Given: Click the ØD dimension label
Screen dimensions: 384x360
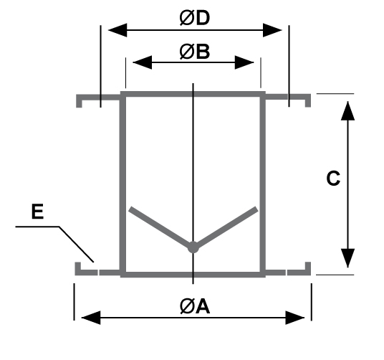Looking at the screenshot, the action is pyautogui.click(x=195, y=18).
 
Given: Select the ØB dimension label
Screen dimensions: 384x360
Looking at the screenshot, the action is pyautogui.click(x=195, y=52).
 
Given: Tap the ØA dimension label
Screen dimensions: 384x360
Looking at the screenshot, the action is pyautogui.click(x=195, y=306).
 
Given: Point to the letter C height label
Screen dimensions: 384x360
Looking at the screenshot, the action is pyautogui.click(x=333, y=178).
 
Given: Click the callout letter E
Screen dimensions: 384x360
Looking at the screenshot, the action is pyautogui.click(x=37, y=212).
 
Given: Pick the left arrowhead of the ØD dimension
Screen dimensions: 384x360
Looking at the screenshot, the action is pyautogui.click(x=117, y=30).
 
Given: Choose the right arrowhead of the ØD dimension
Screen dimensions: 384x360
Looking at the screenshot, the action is pyautogui.click(x=272, y=30).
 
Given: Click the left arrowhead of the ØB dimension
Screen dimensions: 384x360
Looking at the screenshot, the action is pyautogui.click(x=142, y=62).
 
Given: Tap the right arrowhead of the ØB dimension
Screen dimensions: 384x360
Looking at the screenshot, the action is pyautogui.click(x=244, y=62).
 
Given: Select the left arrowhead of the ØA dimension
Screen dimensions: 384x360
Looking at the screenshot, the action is pyautogui.click(x=91, y=318).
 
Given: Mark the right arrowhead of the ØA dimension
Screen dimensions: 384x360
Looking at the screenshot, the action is pyautogui.click(x=295, y=318).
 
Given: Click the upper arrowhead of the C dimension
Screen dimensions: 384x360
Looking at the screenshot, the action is pyautogui.click(x=347, y=110).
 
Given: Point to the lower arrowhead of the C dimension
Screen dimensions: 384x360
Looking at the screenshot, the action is pyautogui.click(x=347, y=258).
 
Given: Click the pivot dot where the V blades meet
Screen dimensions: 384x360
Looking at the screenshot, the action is pyautogui.click(x=193, y=247).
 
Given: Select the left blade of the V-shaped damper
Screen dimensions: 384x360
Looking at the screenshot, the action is pyautogui.click(x=161, y=227).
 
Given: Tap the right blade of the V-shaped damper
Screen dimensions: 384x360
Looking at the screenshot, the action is pyautogui.click(x=225, y=227).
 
